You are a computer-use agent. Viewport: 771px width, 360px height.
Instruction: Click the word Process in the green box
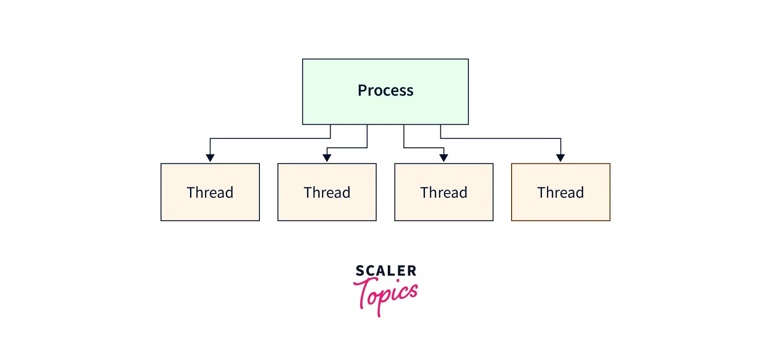click(x=385, y=90)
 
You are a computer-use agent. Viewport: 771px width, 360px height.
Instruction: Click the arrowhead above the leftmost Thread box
click(x=210, y=158)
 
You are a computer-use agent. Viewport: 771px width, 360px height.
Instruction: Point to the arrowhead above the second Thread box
click(x=327, y=158)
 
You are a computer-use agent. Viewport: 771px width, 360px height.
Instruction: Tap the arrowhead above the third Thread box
click(x=444, y=158)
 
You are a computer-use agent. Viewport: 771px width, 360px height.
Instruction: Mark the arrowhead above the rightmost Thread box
click(x=561, y=158)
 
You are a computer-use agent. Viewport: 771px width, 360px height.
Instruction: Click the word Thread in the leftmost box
click(x=210, y=192)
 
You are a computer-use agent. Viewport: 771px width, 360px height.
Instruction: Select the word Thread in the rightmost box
click(x=561, y=192)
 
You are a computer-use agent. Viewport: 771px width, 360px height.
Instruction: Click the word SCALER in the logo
click(x=386, y=271)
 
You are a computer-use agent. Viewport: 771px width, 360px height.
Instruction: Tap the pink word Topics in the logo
click(x=388, y=295)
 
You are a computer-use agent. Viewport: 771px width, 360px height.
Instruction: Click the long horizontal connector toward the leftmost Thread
click(x=270, y=138)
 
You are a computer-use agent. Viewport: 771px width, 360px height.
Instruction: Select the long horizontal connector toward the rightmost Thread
click(x=501, y=138)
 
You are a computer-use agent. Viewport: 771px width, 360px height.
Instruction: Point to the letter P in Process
click(x=362, y=90)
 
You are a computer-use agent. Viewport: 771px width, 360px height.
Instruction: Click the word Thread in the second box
click(x=327, y=192)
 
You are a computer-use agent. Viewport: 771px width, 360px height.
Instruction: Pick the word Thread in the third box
click(x=444, y=192)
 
